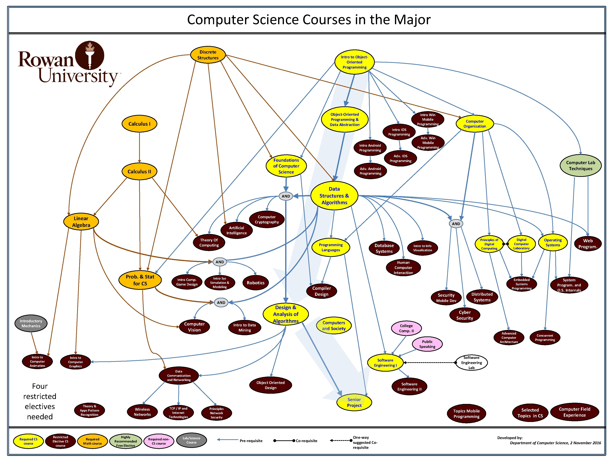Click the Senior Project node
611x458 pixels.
pyautogui.click(x=354, y=402)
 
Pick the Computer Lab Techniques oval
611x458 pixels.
pyautogui.click(x=580, y=166)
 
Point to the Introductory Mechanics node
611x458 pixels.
pyautogui.click(x=31, y=323)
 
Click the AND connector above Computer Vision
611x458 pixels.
pyautogui.click(x=221, y=303)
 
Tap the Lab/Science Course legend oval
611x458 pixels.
pyautogui.click(x=191, y=440)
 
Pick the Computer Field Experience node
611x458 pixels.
pyautogui.click(x=575, y=412)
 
